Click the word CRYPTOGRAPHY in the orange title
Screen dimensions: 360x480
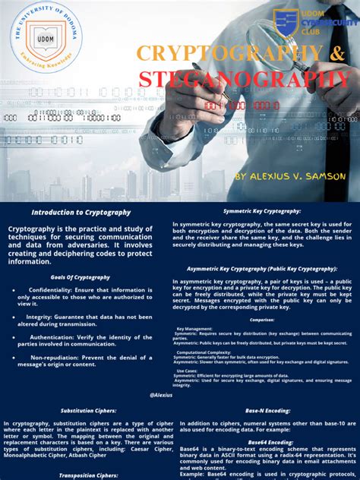coord(226,53)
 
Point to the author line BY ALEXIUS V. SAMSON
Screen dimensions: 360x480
coord(290,175)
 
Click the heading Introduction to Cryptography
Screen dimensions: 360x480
coord(81,213)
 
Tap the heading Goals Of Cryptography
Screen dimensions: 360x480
coord(81,278)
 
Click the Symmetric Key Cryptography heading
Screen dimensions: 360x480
coord(262,211)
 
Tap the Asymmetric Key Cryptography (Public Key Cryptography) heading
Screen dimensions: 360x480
coord(262,269)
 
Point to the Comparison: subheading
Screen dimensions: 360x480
coord(262,321)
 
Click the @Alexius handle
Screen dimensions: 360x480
coord(161,395)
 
